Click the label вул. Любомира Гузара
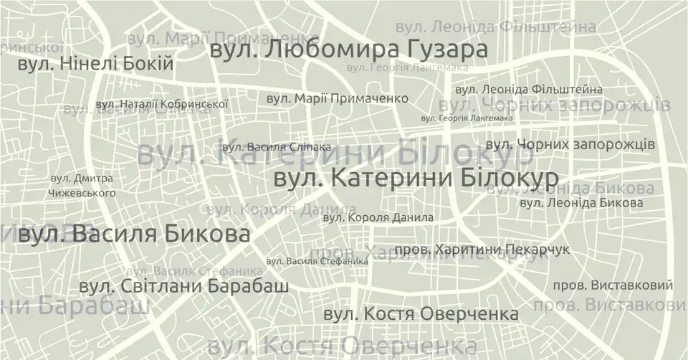pyautogui.click(x=348, y=51)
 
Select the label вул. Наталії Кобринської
pyautogui.click(x=162, y=104)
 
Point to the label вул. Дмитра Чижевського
pyautogui.click(x=82, y=186)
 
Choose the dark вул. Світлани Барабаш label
pyautogui.click(x=183, y=287)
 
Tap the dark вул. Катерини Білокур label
pyautogui.click(x=416, y=178)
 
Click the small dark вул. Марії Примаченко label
pyautogui.click(x=338, y=98)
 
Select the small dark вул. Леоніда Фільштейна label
pyautogui.click(x=529, y=90)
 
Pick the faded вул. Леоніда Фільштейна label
pyautogui.click(x=495, y=27)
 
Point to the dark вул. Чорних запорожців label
pyautogui.click(x=570, y=144)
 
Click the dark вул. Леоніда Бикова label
pyautogui.click(x=580, y=204)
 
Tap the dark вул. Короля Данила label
pyautogui.click(x=378, y=217)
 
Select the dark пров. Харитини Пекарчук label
pyautogui.click(x=492, y=250)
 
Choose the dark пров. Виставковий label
pyautogui.click(x=613, y=285)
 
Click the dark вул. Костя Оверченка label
pyautogui.click(x=421, y=314)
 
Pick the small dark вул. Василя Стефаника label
pyautogui.click(x=317, y=262)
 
